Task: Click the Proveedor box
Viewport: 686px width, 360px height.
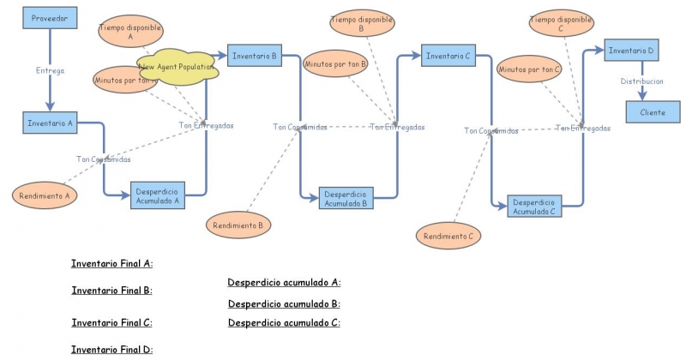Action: coord(50,18)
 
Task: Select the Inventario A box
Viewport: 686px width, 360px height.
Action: coord(50,123)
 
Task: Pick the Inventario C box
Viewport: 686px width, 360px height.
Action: coord(447,56)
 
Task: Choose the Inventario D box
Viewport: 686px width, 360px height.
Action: coord(632,51)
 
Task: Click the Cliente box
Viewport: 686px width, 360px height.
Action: coord(652,112)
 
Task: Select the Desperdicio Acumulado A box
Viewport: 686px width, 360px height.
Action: coord(158,196)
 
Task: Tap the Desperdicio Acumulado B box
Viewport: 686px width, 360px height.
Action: coord(346,200)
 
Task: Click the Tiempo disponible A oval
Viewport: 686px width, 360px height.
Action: coord(130,33)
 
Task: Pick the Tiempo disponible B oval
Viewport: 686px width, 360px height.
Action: coord(361,23)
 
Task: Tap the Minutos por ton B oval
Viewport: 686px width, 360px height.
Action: coord(335,63)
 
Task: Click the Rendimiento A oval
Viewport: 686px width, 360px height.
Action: coord(45,195)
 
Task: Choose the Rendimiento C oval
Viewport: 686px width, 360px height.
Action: coord(448,235)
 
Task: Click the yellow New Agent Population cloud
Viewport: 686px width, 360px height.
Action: coord(177,68)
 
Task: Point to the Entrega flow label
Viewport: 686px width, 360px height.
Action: coord(50,71)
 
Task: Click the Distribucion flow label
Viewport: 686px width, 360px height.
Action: coord(641,81)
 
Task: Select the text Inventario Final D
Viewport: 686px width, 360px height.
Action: coord(111,349)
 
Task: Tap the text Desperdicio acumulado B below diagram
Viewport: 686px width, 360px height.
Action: coord(284,303)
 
